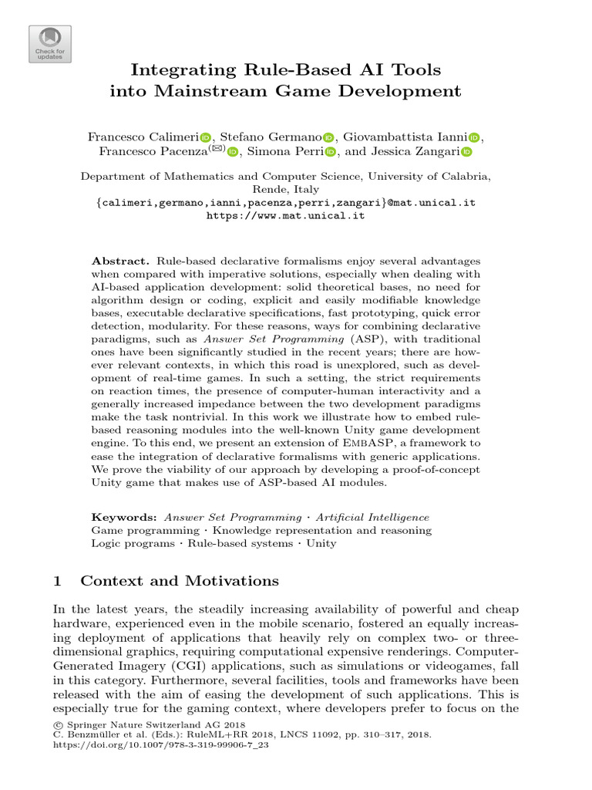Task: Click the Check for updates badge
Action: (50, 44)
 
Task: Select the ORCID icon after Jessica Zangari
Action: (466, 152)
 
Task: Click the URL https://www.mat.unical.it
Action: (285, 216)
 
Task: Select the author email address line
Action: (285, 202)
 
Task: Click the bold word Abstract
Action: (115, 262)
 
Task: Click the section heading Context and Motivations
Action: (179, 581)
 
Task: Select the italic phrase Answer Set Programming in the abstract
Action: (251, 339)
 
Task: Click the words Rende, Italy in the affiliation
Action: (285, 189)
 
